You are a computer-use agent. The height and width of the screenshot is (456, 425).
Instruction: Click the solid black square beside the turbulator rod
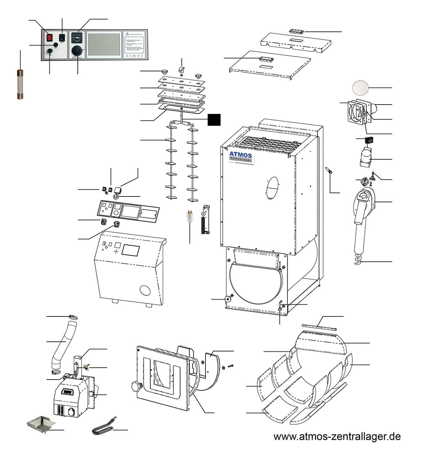[x=214, y=120]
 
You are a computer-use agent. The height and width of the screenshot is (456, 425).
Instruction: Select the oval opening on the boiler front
[x=273, y=187]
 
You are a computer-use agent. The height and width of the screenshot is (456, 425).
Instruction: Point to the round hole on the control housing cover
[x=146, y=291]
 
